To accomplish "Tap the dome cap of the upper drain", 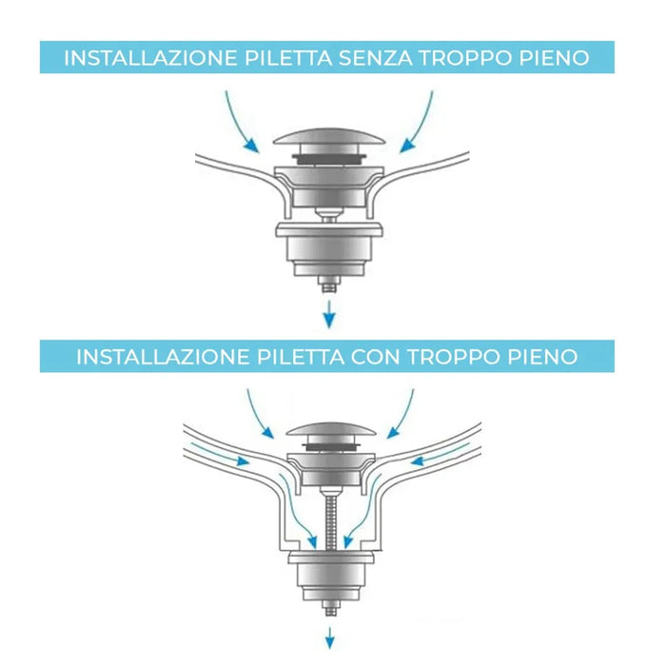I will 328,136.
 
